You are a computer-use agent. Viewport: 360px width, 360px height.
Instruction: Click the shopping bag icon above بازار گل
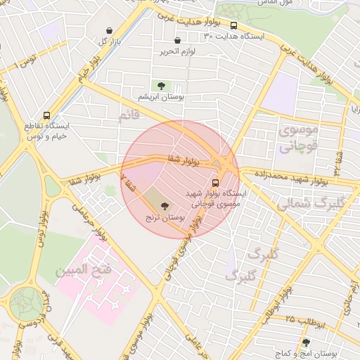pyautogui.click(x=110, y=31)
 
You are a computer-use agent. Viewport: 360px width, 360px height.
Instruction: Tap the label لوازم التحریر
pyautogui.click(x=176, y=51)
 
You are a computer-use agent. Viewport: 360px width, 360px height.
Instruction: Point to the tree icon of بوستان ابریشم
pyautogui.click(x=161, y=86)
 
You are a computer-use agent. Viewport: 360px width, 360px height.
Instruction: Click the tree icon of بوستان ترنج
pyautogui.click(x=165, y=206)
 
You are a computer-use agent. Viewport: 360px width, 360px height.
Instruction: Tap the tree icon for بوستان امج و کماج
pyautogui.click(x=305, y=343)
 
